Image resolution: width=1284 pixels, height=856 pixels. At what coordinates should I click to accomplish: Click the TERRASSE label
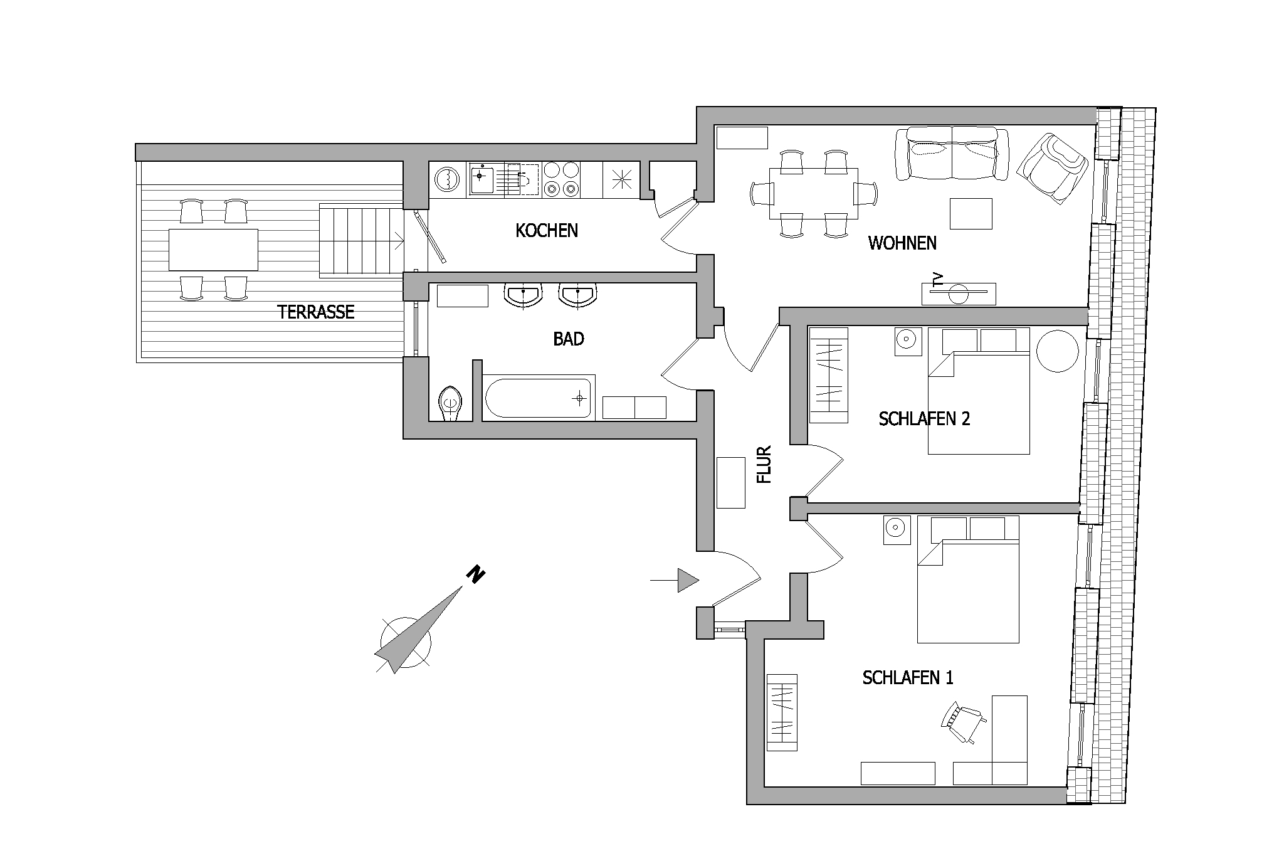(316, 312)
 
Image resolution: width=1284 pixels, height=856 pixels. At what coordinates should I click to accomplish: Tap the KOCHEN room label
(547, 231)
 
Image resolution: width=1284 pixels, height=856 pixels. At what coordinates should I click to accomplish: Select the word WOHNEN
(902, 243)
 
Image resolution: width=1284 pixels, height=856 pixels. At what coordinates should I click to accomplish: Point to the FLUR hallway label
(764, 465)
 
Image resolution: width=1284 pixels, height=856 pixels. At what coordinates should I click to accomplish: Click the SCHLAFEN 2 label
(924, 419)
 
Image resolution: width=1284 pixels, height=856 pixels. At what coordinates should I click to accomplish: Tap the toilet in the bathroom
(450, 403)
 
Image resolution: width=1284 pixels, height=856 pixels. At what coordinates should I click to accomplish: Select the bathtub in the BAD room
(539, 397)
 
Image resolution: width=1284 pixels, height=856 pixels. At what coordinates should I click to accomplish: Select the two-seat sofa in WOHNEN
(952, 154)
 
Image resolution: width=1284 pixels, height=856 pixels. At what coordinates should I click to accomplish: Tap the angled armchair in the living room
(1052, 168)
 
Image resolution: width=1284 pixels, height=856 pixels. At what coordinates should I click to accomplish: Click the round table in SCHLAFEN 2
(1058, 351)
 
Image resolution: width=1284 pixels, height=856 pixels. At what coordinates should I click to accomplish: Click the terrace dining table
(213, 250)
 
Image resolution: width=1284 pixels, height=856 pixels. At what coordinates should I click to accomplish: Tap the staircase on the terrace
(361, 240)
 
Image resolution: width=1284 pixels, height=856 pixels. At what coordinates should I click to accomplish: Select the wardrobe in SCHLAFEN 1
(782, 712)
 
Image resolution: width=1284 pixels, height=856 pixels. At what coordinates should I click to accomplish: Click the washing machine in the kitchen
(448, 179)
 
